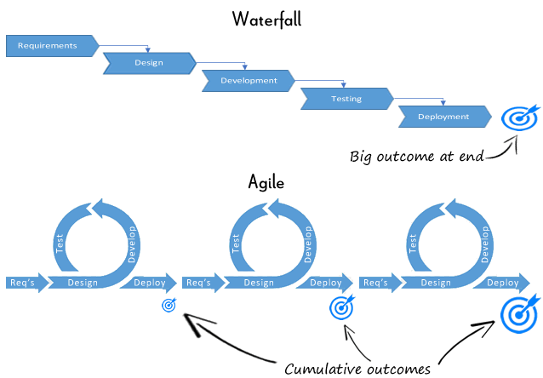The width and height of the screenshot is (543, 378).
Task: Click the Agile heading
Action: coord(266,182)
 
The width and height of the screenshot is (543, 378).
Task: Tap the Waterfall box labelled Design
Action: coord(149,63)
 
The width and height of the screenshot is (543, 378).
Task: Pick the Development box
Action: coord(248,81)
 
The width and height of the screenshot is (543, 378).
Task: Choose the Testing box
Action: coord(346,99)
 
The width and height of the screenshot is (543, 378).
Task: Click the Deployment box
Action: coord(443,117)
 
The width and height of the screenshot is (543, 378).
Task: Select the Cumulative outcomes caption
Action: coord(357,368)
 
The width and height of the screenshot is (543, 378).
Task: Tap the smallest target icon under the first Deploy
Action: coord(169,305)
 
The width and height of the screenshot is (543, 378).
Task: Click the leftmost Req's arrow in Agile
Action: coord(24,283)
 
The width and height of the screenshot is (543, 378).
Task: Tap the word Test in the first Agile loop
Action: coord(60,243)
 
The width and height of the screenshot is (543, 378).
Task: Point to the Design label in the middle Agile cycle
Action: coord(260,283)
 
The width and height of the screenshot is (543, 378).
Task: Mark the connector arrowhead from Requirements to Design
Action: coord(149,49)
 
